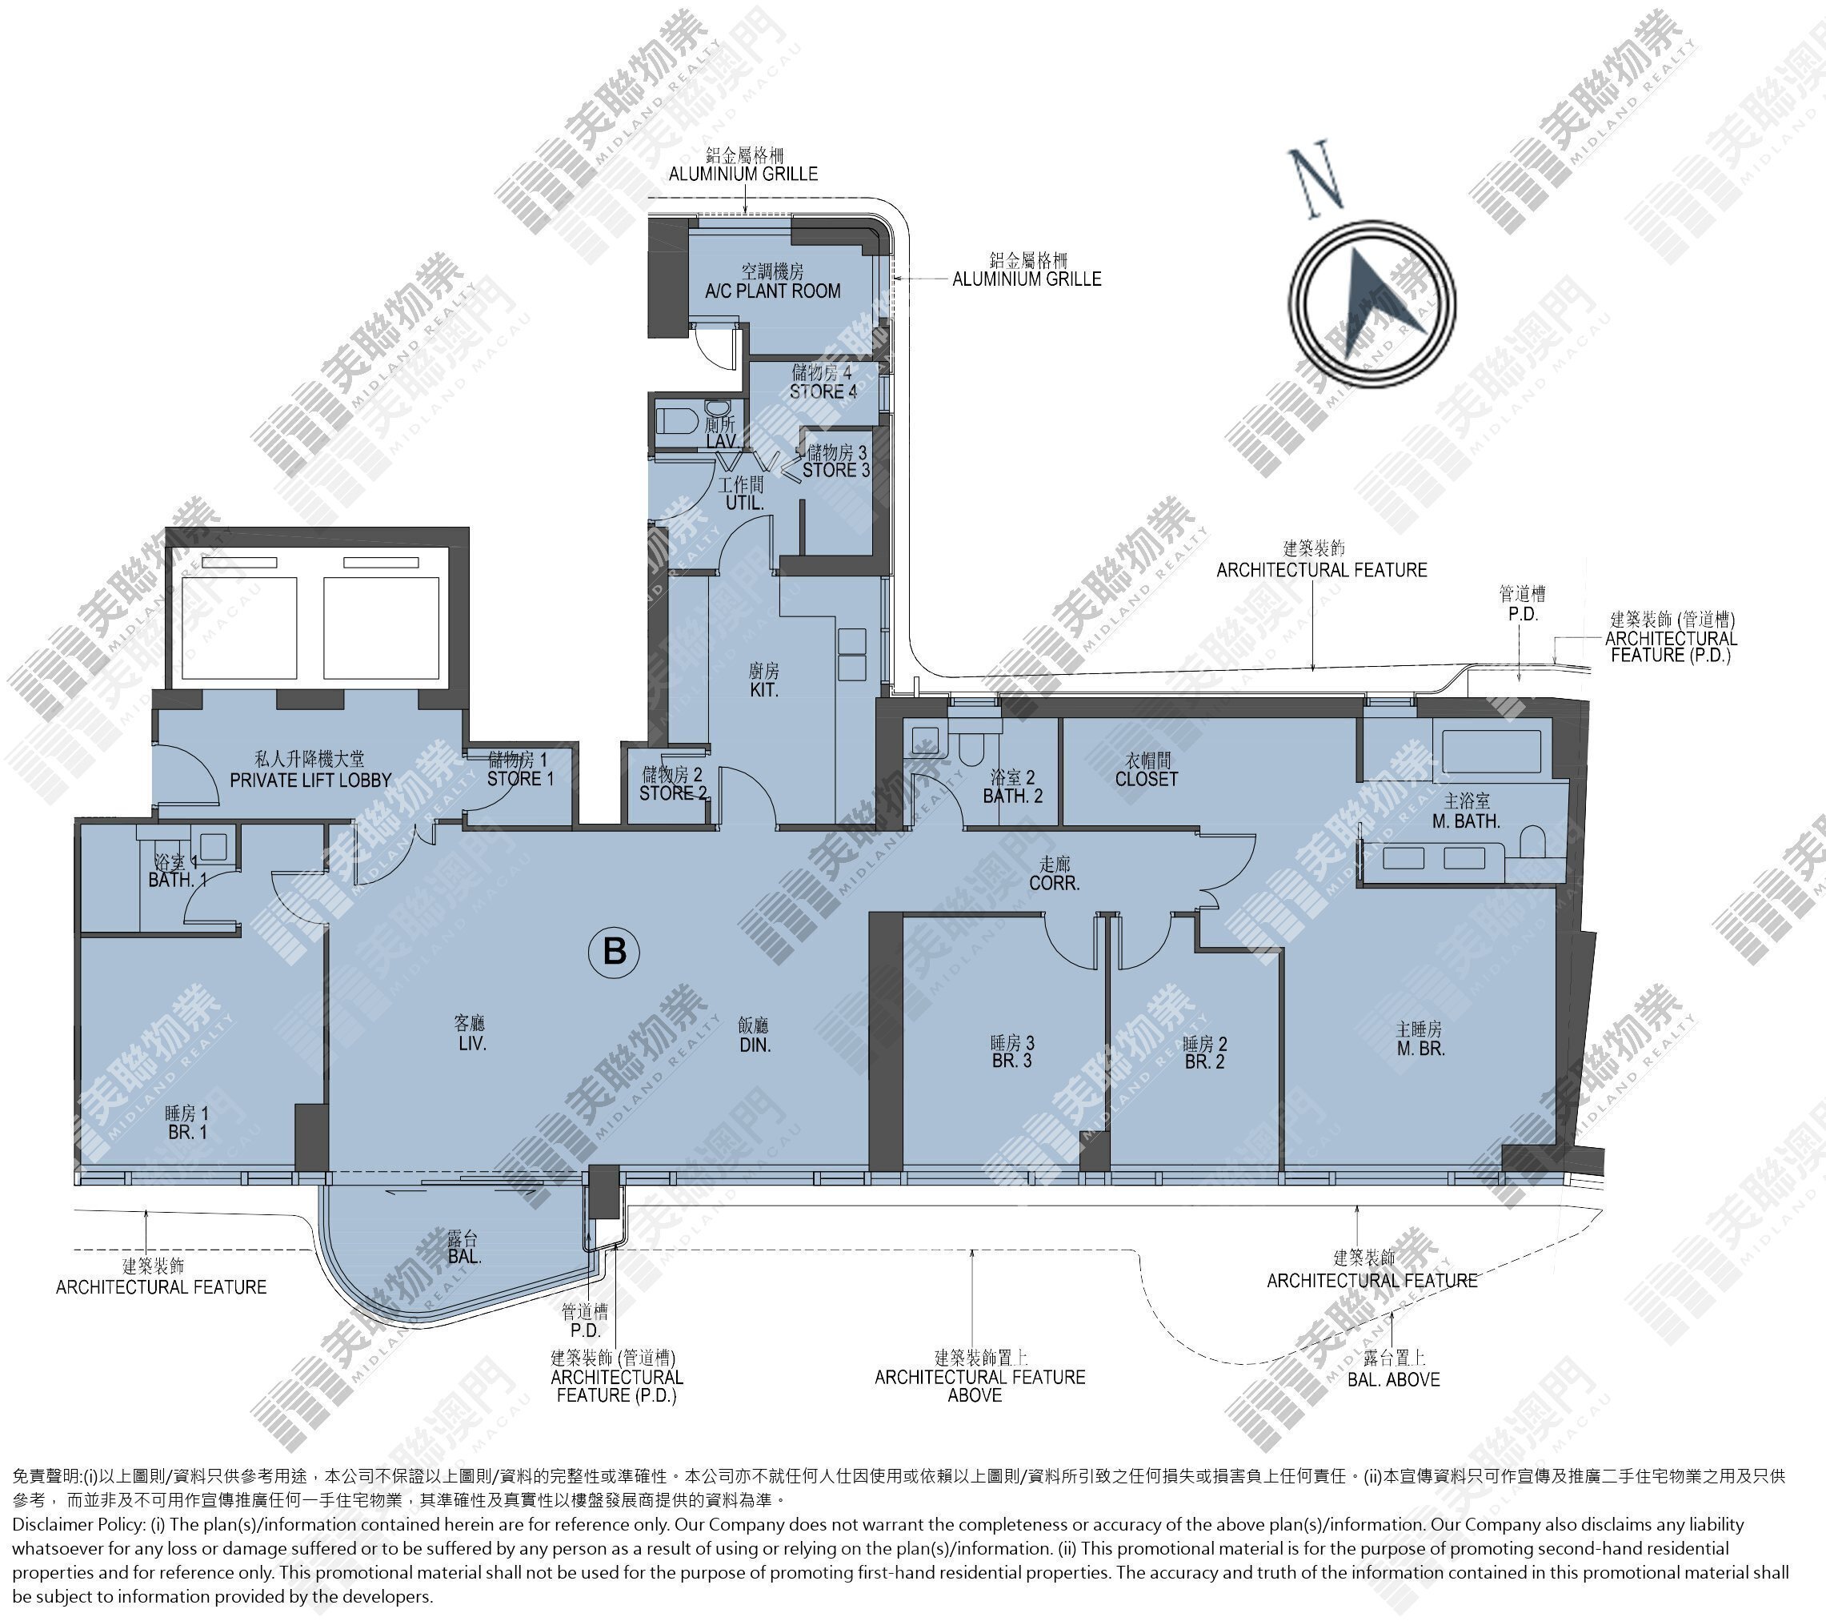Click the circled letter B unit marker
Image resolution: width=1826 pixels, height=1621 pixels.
pos(615,951)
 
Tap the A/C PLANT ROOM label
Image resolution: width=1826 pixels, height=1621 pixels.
pos(772,291)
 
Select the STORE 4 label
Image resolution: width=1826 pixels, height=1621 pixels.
pos(823,391)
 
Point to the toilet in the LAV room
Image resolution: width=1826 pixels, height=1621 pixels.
pos(674,420)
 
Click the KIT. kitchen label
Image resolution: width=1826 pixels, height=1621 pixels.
pos(764,690)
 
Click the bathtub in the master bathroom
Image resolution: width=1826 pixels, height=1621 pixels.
pos(1488,752)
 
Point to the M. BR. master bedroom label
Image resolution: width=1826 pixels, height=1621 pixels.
pos(1420,1048)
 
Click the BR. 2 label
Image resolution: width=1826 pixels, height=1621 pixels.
pos(1204,1062)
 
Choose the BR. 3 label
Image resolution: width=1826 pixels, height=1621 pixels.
pos(1011,1061)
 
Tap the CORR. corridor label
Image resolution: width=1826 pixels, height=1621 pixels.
pos(1054,884)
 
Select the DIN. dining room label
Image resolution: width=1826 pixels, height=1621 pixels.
pos(755,1045)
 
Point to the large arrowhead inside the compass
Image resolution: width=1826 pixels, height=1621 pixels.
pos(1375,300)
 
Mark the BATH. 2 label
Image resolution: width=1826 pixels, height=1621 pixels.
pos(1012,796)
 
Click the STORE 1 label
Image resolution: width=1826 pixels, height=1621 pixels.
pos(520,779)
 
